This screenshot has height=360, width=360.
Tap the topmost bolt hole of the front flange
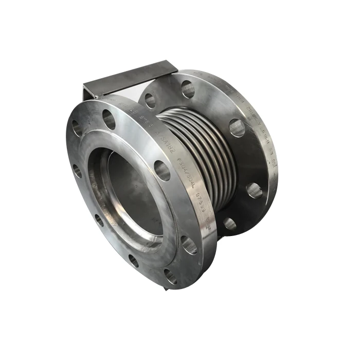pyautogui.click(x=109, y=119)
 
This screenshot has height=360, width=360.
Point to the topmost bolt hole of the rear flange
pyautogui.click(x=188, y=89)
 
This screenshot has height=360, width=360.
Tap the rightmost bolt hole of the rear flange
pyautogui.click(x=253, y=190)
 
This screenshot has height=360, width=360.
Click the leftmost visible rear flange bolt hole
pyautogui.click(x=150, y=101)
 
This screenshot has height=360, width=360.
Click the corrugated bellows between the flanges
pyautogui.click(x=193, y=149)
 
